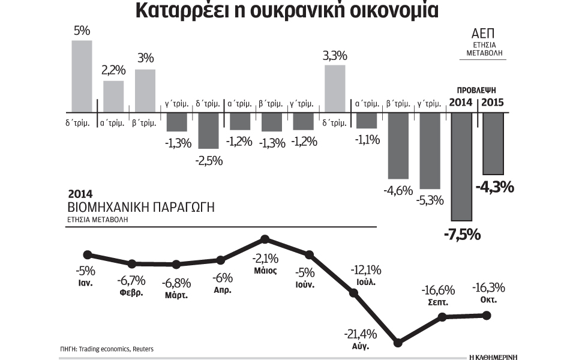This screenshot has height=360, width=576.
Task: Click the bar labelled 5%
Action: (x=82, y=76)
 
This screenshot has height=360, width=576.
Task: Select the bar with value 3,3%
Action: (x=335, y=88)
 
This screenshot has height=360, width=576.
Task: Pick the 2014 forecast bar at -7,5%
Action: (x=461, y=166)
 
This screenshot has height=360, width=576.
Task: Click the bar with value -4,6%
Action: (x=398, y=146)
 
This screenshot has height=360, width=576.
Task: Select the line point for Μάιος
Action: (x=265, y=240)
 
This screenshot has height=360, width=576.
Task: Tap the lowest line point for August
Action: (x=398, y=343)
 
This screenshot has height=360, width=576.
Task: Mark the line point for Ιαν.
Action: (x=88, y=254)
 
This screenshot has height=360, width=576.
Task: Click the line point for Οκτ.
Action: (x=487, y=315)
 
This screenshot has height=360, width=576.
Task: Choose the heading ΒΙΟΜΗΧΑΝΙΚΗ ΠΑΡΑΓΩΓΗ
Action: (x=141, y=208)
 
